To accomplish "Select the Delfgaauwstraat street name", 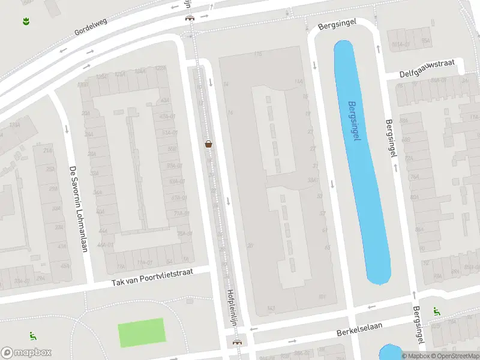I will (x=428, y=69).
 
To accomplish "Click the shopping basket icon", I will (x=209, y=143).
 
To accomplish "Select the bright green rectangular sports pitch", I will (x=142, y=332).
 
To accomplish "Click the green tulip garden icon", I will (x=26, y=22).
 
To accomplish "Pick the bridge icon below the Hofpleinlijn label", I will (x=238, y=343).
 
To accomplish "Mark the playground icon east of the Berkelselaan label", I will (x=436, y=311).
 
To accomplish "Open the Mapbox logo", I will (x=26, y=353).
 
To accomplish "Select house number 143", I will (x=271, y=308).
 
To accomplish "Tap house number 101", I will (x=322, y=296).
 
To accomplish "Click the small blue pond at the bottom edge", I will (x=390, y=353).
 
